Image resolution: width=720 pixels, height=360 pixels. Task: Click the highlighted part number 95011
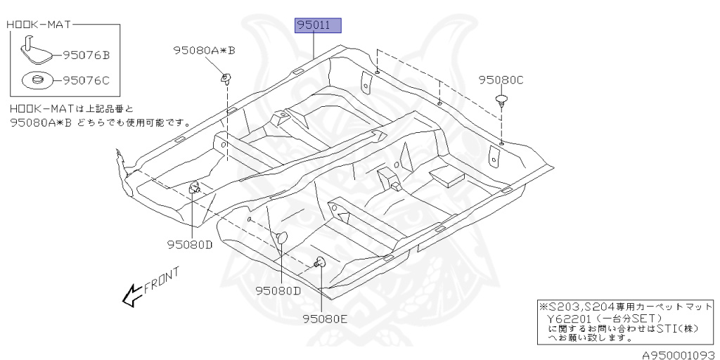pos(317,27)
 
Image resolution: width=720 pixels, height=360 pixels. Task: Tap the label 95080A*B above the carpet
pos(205,51)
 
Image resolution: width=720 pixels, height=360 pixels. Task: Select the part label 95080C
pos(501,80)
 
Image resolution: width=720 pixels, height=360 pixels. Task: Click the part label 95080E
pos(326,319)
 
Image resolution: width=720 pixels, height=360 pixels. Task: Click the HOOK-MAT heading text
pos(39,25)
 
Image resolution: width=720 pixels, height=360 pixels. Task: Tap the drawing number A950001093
pos(677,353)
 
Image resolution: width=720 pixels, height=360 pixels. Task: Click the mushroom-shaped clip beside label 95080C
pos(501,99)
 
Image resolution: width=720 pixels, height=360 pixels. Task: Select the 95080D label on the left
pos(189,245)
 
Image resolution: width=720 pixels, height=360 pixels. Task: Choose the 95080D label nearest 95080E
pos(278,290)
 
